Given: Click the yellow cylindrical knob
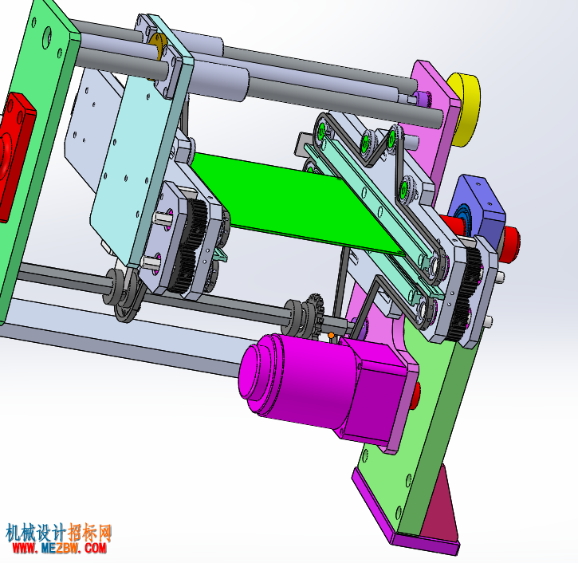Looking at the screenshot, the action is coord(465,108).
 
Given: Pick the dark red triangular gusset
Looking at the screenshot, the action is coord(441,509).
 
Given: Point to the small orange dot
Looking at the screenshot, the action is coord(331,335).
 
